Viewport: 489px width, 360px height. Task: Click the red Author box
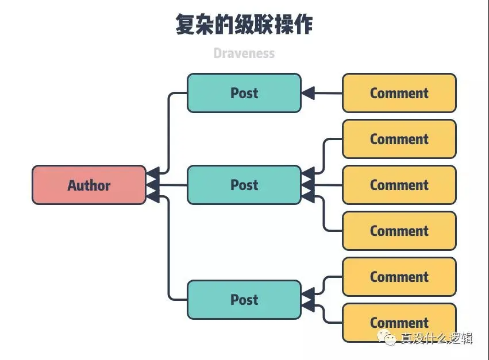[89, 185]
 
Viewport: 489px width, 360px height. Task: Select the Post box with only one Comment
[244, 93]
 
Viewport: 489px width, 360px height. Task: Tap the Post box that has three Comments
[244, 185]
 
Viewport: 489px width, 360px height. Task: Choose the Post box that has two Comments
[244, 300]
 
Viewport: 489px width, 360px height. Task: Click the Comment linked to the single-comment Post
[399, 93]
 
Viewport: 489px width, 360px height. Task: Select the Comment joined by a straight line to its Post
[399, 185]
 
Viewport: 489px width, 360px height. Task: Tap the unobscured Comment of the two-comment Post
[399, 277]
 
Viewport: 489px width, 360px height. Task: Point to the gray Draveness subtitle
[244, 53]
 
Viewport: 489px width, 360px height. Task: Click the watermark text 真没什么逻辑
[437, 338]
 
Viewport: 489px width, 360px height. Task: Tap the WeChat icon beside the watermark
[391, 339]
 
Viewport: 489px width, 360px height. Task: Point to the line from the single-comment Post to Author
[168, 132]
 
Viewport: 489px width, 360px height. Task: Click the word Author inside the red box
[89, 185]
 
